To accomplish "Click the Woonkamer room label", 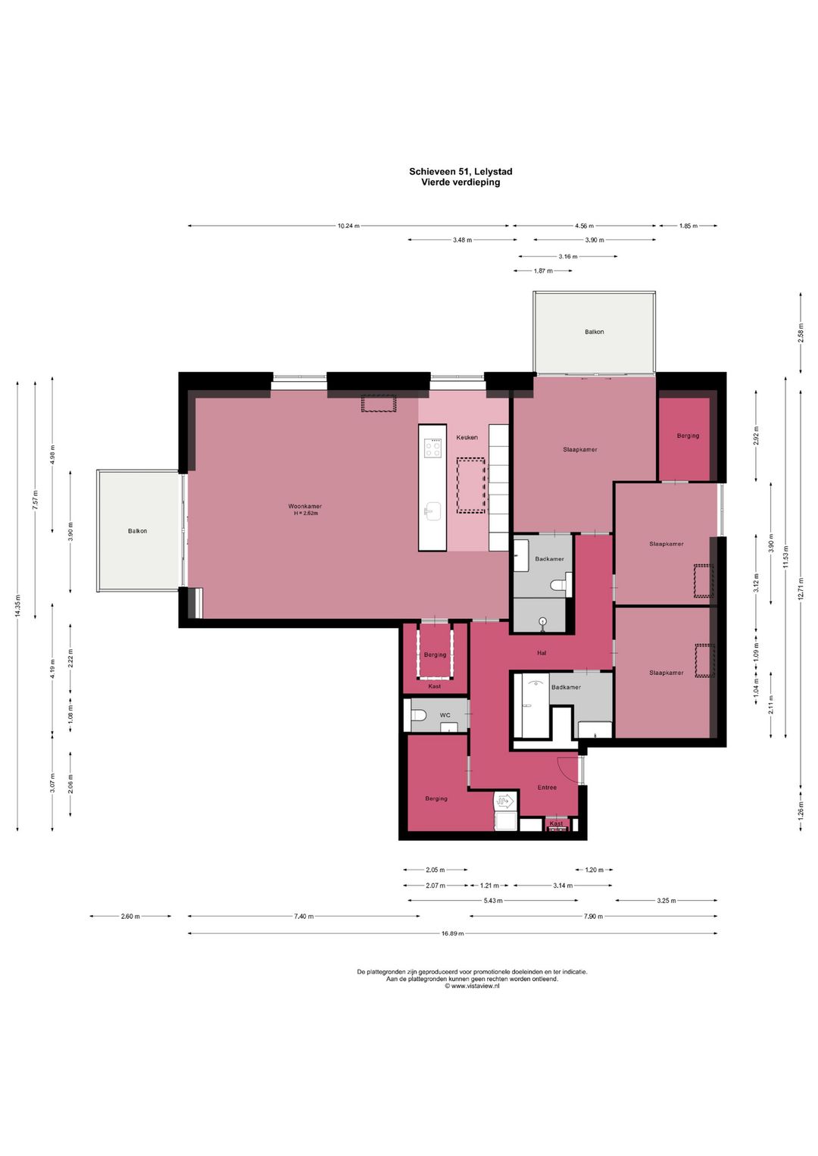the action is coord(304,506).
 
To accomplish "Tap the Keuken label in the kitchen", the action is coord(467,437).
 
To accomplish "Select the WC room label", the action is coord(445,715).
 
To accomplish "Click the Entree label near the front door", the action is coord(547,788).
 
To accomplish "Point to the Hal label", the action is coord(542,653).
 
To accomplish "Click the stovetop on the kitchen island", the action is coord(432,447).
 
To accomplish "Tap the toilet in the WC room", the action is coord(417,715).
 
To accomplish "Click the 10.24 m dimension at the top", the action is coord(348,226).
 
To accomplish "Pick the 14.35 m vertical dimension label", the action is coord(17,606).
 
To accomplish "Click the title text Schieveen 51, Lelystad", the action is coord(461,171).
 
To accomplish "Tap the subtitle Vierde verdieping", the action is coord(461,182).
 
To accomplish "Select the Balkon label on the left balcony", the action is coord(137,530).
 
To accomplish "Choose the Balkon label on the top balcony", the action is coord(594,332).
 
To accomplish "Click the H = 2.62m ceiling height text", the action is coord(305,514).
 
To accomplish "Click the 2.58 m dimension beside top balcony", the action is coord(801,333).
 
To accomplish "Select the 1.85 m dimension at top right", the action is coord(688,226).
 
